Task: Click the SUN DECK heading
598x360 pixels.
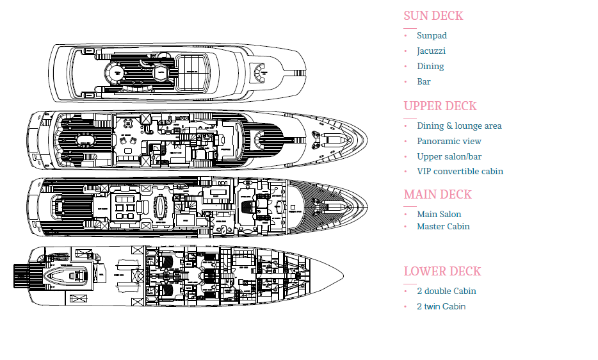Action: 433,16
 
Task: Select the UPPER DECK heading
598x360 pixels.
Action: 440,106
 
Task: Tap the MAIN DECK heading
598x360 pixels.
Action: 437,195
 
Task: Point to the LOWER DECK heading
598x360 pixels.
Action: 442,272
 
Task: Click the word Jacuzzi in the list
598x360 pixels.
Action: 431,51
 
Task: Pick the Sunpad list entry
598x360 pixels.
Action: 432,36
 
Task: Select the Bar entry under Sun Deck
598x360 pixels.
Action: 424,82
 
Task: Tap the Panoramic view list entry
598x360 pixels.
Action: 449,142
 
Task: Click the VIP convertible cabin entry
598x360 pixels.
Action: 460,172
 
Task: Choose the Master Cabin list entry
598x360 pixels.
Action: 443,227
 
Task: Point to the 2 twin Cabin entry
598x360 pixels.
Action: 440,307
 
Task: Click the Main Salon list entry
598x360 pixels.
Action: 439,215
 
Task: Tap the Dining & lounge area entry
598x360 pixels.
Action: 459,126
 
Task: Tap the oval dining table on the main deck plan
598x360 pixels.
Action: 159,207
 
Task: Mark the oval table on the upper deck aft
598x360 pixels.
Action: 83,140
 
